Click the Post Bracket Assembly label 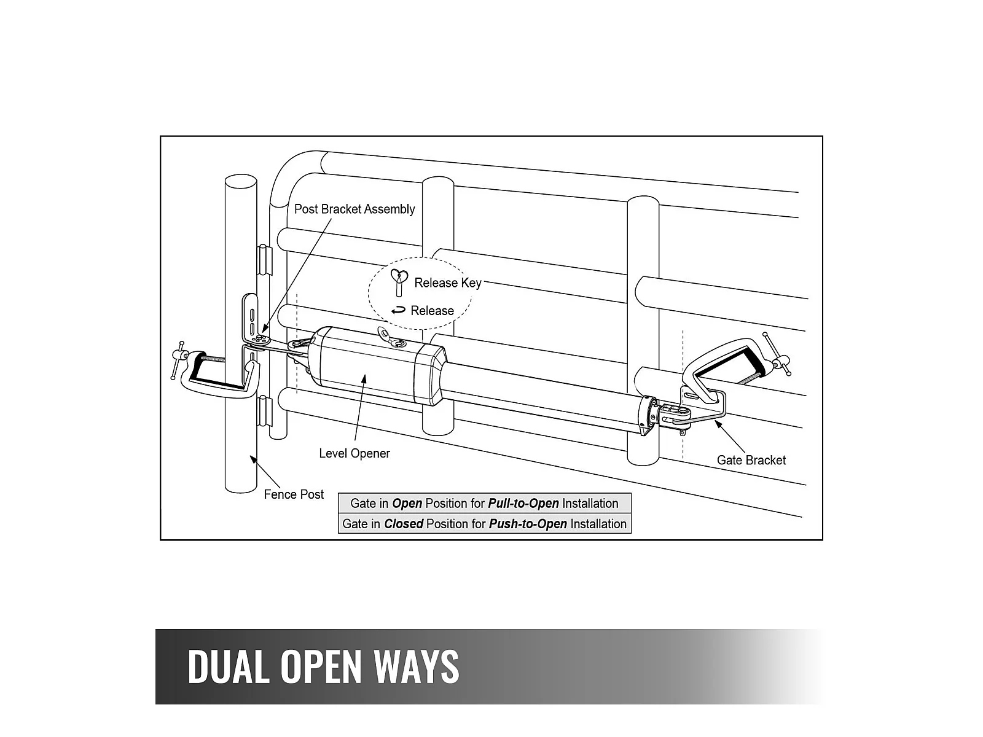pyautogui.click(x=354, y=209)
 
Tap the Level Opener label pyautogui.click(x=354, y=453)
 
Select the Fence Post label pyautogui.click(x=294, y=494)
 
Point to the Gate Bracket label pyautogui.click(x=751, y=460)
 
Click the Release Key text pyautogui.click(x=448, y=283)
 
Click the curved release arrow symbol pyautogui.click(x=399, y=310)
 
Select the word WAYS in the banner pyautogui.click(x=417, y=666)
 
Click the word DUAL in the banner pyautogui.click(x=228, y=666)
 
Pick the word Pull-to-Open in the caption pyautogui.click(x=523, y=504)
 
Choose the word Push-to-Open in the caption pyautogui.click(x=528, y=524)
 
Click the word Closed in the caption pyautogui.click(x=404, y=524)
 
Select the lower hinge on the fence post pyautogui.click(x=264, y=411)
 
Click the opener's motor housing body pyautogui.click(x=369, y=365)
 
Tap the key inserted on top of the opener pyautogui.click(x=386, y=334)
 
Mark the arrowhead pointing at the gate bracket pyautogui.click(x=715, y=423)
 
